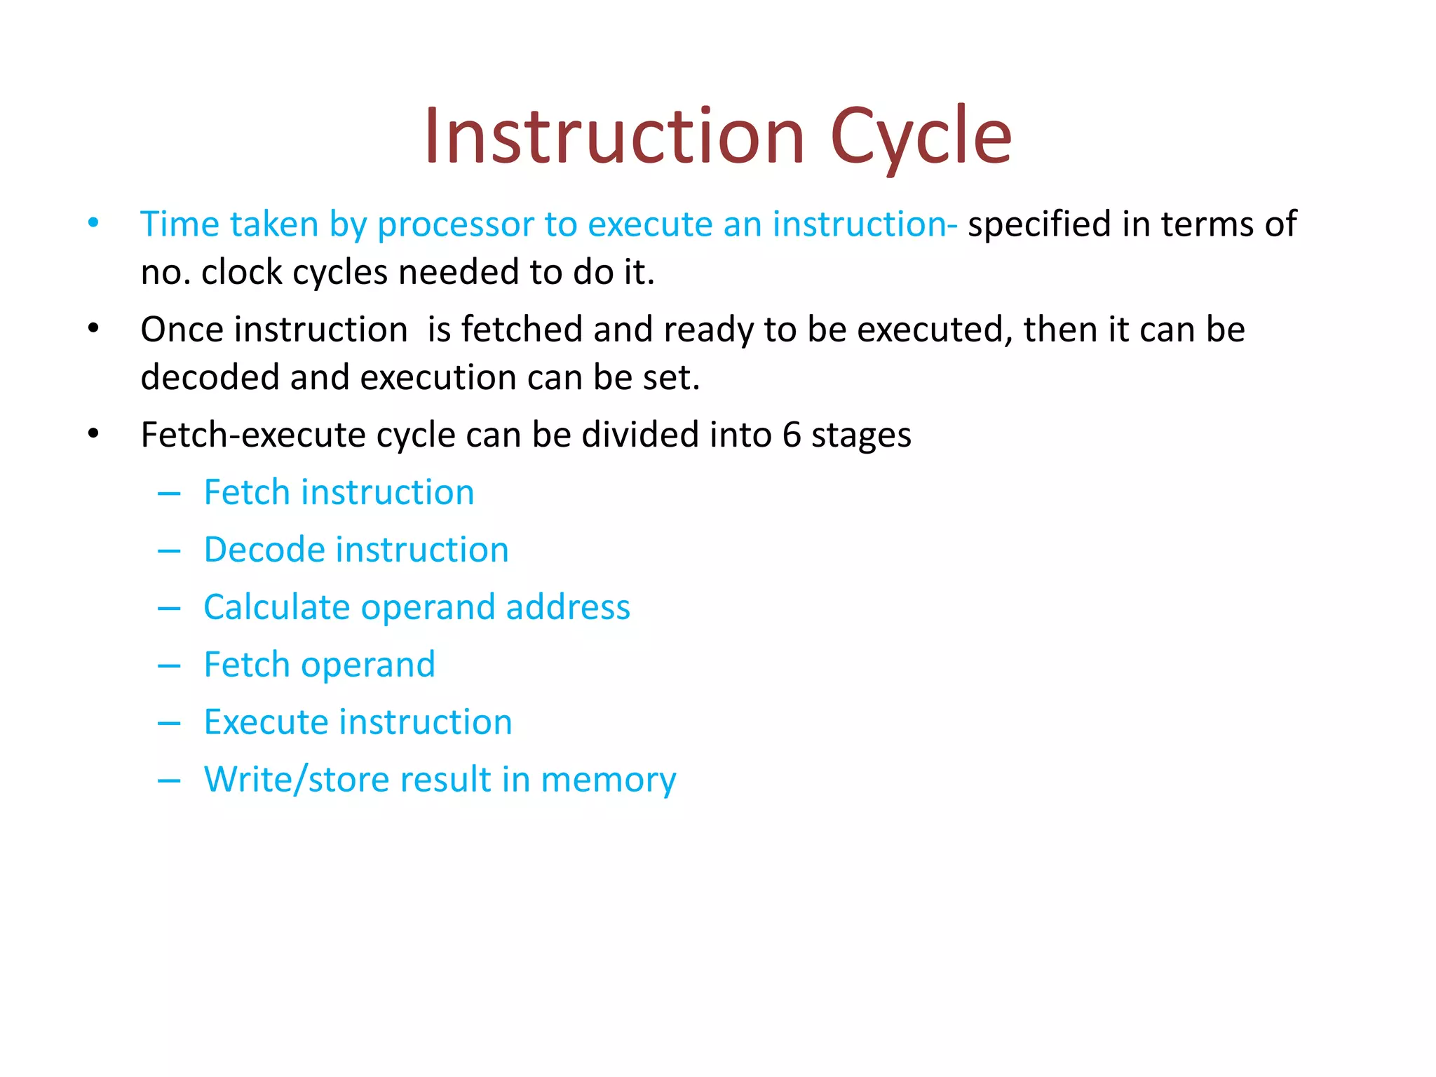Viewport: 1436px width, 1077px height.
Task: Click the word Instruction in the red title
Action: click(614, 137)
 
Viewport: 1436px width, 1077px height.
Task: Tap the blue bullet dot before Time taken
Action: click(93, 224)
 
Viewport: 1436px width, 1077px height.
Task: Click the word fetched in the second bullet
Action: click(522, 330)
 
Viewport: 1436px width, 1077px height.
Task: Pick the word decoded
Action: click(210, 378)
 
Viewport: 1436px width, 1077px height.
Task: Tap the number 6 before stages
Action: click(792, 435)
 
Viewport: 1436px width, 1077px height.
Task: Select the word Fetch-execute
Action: click(255, 435)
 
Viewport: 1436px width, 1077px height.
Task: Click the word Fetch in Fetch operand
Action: click(246, 665)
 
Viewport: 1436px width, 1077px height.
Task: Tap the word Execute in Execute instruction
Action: click(270, 722)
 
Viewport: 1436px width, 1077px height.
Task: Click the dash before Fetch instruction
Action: click(169, 494)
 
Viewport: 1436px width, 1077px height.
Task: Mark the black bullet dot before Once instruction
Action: click(93, 329)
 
